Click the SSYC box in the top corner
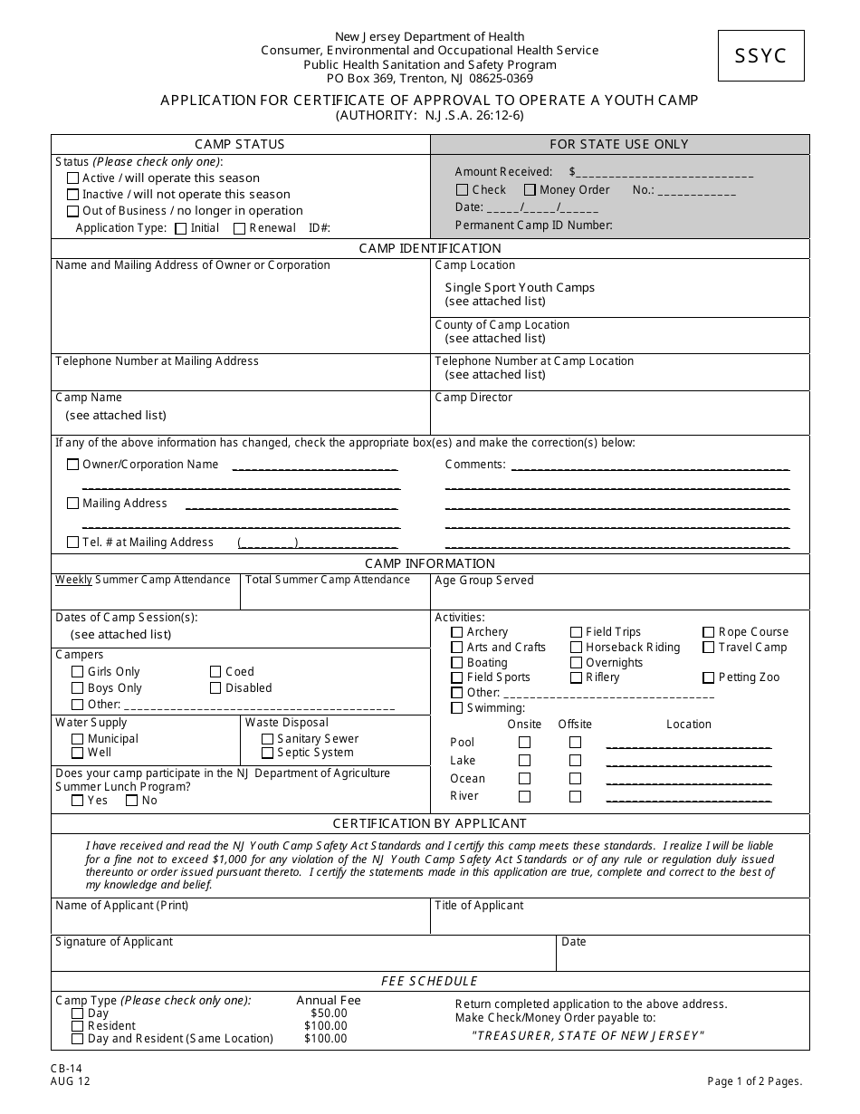(761, 55)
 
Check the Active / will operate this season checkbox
(73, 178)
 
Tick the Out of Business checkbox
(73, 211)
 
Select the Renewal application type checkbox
(239, 228)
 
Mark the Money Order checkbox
(529, 190)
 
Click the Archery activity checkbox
(457, 632)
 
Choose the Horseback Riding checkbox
(576, 648)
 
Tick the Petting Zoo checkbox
(709, 677)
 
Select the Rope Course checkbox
(709, 632)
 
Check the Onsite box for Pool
(524, 743)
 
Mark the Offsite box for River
(575, 797)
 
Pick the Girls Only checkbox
(77, 672)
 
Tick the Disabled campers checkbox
(215, 688)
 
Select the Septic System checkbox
(267, 753)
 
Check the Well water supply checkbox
(77, 753)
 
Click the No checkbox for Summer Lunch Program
(131, 801)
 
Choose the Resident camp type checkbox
(77, 1026)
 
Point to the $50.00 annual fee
(329, 1013)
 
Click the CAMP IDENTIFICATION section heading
(430, 248)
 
